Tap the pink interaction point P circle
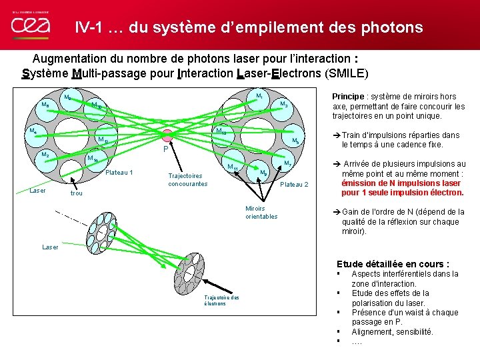(x=167, y=135)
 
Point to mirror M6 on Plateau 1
(x=46, y=105)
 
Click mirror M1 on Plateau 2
(x=259, y=98)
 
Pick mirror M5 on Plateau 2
(x=295, y=140)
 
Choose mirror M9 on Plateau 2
(x=264, y=173)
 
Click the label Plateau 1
(x=119, y=173)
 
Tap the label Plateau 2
(x=294, y=184)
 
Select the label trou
(x=77, y=193)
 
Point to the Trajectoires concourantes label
(x=187, y=180)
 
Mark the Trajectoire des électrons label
(x=223, y=300)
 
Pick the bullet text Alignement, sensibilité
(x=392, y=331)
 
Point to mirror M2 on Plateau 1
(x=45, y=155)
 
